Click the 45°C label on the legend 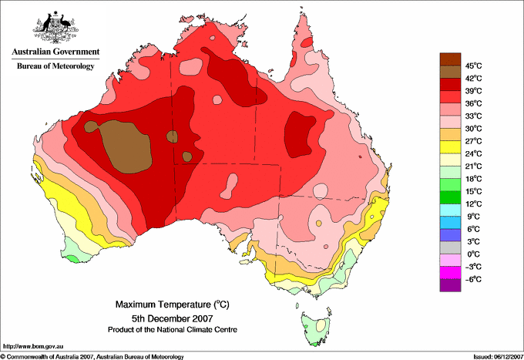tap(474, 66)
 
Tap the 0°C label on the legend tap(474, 254)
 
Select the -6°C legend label tap(473, 279)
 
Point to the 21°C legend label tap(474, 167)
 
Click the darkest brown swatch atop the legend tap(450, 59)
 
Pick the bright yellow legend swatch tap(450, 147)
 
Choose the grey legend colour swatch tap(450, 247)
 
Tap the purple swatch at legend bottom tap(450, 285)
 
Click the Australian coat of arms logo tap(55, 27)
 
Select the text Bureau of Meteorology tap(55, 66)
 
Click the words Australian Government tap(55, 52)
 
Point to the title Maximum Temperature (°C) tap(173, 304)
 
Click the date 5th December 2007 tap(173, 318)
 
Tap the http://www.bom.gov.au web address tap(32, 346)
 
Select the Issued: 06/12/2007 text tap(499, 357)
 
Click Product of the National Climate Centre tap(173, 330)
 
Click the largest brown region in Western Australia tap(126, 147)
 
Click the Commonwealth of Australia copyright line tap(92, 357)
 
